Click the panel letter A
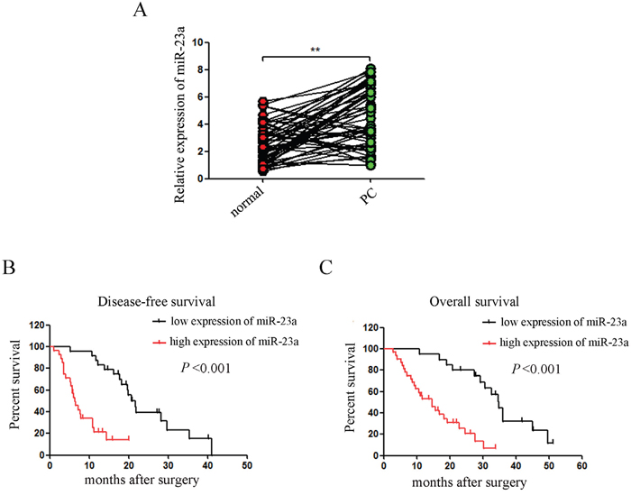click(139, 11)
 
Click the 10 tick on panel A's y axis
click(200, 42)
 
